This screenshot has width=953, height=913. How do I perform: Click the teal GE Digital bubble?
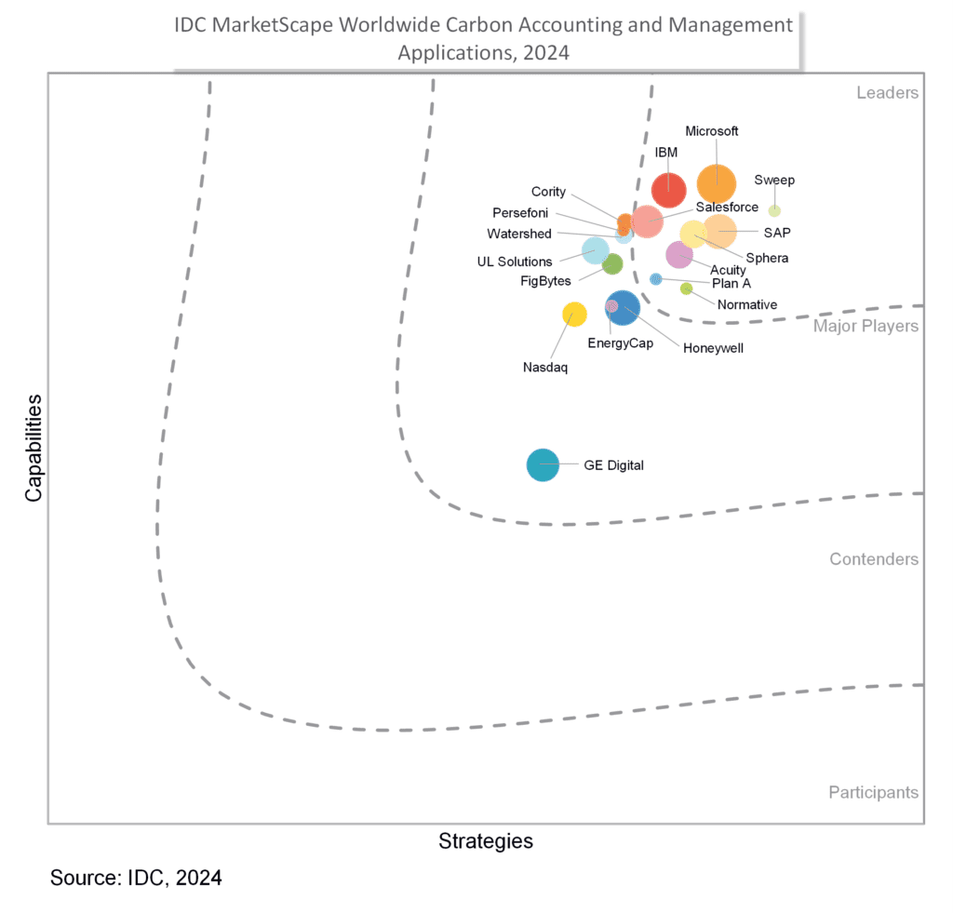(x=543, y=464)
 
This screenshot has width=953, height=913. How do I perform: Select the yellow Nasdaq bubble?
(x=574, y=315)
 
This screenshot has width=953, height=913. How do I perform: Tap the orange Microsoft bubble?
(x=716, y=182)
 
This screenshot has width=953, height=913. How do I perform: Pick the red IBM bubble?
(x=668, y=190)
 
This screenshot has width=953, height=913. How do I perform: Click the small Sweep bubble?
(x=774, y=210)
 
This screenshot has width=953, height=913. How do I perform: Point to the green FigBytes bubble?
(x=611, y=264)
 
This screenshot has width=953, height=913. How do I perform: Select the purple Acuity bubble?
(x=679, y=254)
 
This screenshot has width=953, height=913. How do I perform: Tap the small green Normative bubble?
(x=686, y=289)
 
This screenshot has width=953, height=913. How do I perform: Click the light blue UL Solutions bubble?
(x=596, y=249)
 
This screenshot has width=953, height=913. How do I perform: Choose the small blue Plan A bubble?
(x=655, y=279)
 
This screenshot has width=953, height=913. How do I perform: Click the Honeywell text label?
(x=713, y=348)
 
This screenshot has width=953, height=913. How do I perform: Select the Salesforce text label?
(x=727, y=208)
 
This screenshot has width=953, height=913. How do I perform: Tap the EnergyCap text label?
(x=620, y=343)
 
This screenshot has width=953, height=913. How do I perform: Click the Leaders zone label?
(x=887, y=92)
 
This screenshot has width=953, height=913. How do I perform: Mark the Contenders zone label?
(x=874, y=559)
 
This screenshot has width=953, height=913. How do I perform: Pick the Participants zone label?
(x=873, y=793)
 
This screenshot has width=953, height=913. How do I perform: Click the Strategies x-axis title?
(x=486, y=841)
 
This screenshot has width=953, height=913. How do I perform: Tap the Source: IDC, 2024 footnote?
(x=136, y=878)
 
